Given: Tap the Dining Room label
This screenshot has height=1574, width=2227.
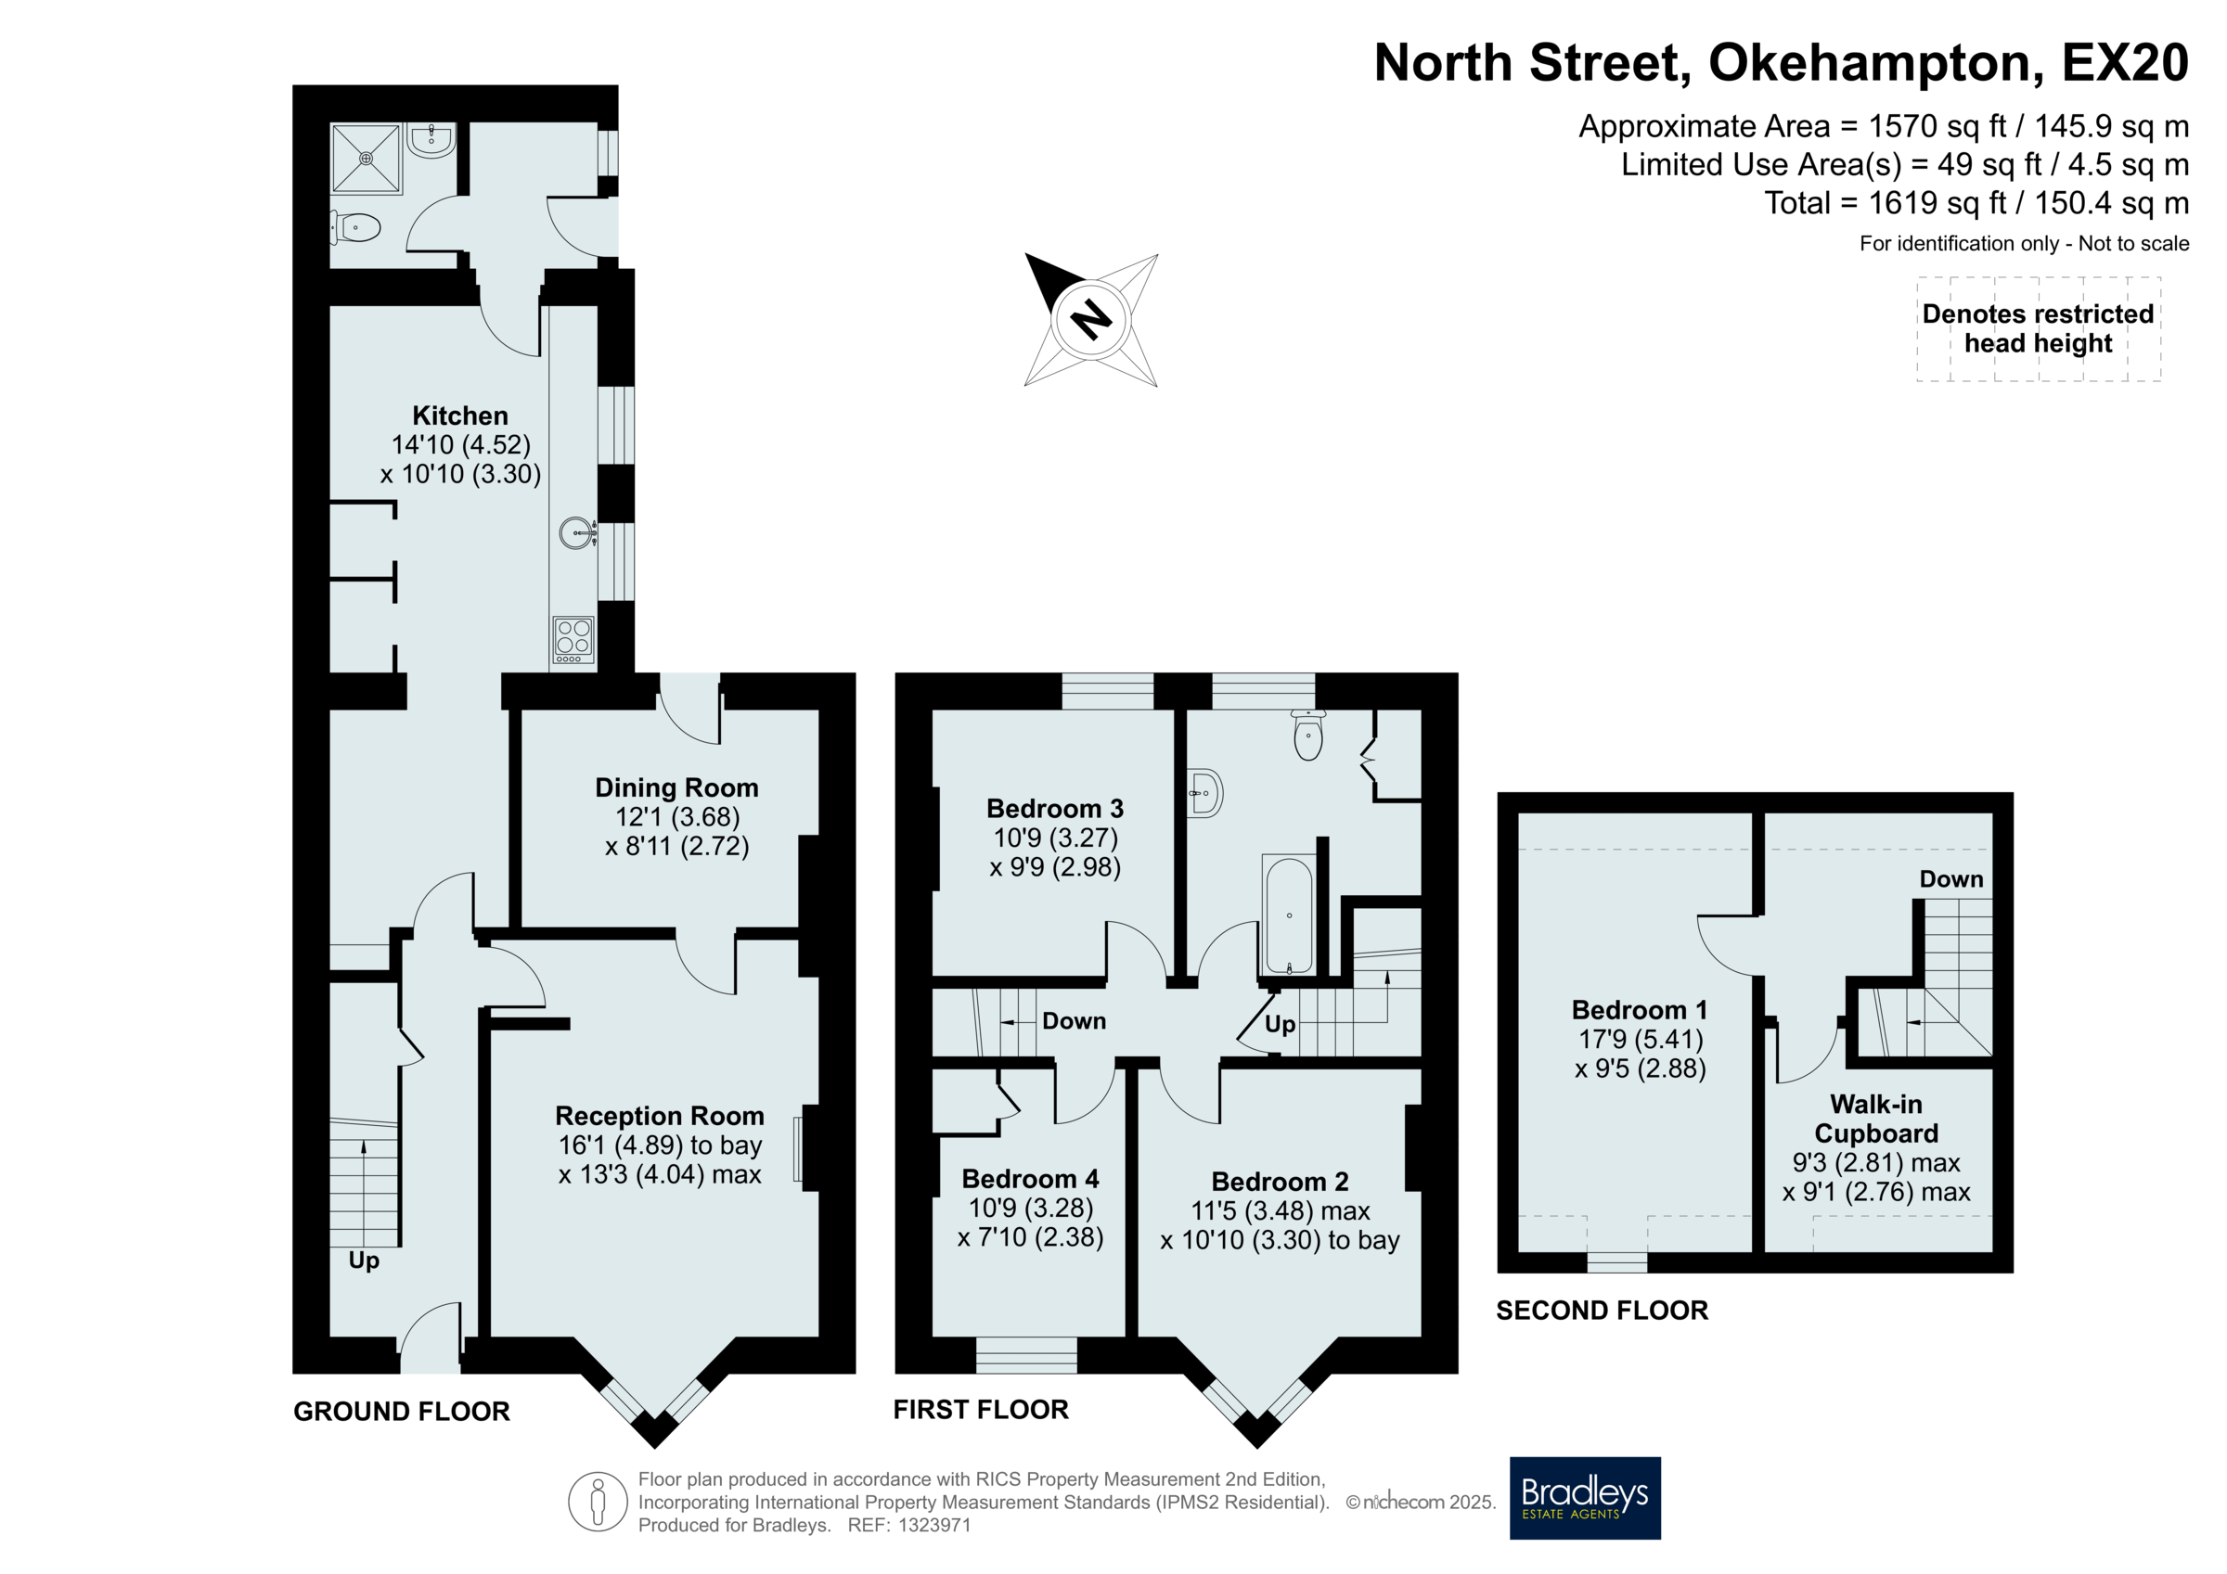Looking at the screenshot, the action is pyautogui.click(x=676, y=787).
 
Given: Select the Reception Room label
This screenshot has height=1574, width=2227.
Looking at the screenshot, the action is pyautogui.click(x=660, y=1115).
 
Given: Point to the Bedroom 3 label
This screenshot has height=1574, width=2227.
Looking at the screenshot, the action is pyautogui.click(x=1054, y=809).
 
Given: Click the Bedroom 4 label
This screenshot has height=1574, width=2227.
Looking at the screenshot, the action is pyautogui.click(x=1030, y=1179).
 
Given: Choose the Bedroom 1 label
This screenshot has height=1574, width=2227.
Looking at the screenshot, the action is pyautogui.click(x=1640, y=1011).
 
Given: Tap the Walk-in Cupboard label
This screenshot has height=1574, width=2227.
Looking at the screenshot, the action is pyautogui.click(x=1876, y=1119).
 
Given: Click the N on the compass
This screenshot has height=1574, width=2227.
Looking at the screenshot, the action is pyautogui.click(x=1091, y=319).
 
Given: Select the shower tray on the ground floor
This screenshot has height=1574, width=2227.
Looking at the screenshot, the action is pyautogui.click(x=366, y=158).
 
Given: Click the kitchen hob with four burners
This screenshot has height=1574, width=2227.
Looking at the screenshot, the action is pyautogui.click(x=573, y=640).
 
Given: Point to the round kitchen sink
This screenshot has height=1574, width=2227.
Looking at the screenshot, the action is pyautogui.click(x=578, y=532).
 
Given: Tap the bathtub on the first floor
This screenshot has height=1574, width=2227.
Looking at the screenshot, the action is pyautogui.click(x=1289, y=915).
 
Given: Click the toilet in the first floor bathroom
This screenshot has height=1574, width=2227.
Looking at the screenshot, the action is pyautogui.click(x=1308, y=736).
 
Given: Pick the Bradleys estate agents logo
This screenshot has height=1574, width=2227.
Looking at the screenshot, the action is pyautogui.click(x=1585, y=1498).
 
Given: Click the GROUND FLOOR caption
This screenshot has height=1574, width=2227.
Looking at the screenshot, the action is pyautogui.click(x=402, y=1411).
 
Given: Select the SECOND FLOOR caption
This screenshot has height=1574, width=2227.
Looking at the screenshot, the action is pyautogui.click(x=1602, y=1311).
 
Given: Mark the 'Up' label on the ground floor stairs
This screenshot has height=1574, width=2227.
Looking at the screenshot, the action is pyautogui.click(x=364, y=1260).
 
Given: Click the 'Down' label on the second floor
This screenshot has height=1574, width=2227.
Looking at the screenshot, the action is pyautogui.click(x=1951, y=878).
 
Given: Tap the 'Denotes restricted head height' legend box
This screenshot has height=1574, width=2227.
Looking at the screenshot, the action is pyautogui.click(x=2038, y=328).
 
